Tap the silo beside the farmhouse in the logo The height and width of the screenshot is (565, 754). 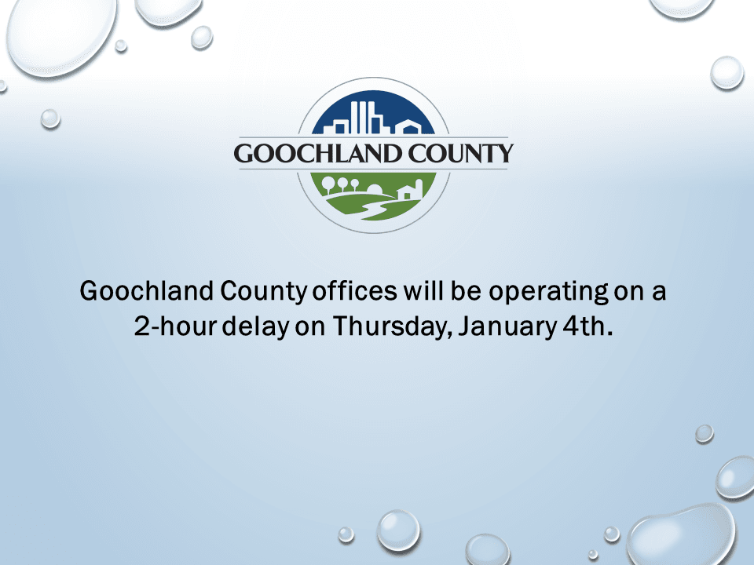coord(419,188)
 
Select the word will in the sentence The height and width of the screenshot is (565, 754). coord(425,292)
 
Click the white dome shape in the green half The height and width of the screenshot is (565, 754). coord(375,189)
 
